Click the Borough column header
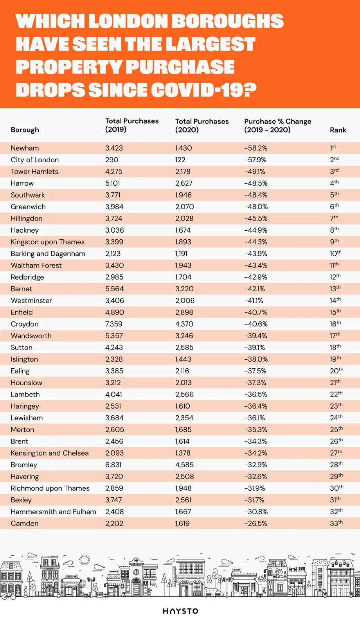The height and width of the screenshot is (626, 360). (25, 130)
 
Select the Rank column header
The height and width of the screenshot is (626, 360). (338, 130)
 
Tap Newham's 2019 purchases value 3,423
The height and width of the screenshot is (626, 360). (114, 148)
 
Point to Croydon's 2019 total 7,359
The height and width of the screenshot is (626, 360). (113, 324)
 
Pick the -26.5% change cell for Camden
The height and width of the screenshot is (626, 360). (256, 524)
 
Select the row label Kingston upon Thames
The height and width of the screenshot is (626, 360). (48, 242)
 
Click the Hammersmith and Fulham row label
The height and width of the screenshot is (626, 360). (54, 512)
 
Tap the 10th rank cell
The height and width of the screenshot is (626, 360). (335, 254)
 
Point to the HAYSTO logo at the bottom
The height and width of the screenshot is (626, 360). (180, 611)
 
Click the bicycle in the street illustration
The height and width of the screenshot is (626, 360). (9, 596)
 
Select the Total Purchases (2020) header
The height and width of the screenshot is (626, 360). (202, 126)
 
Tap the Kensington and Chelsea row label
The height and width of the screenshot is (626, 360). (50, 453)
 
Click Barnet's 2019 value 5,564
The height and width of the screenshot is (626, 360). (114, 289)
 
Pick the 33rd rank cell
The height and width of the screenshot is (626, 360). (336, 524)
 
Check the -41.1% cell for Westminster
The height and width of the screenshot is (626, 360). (254, 301)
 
